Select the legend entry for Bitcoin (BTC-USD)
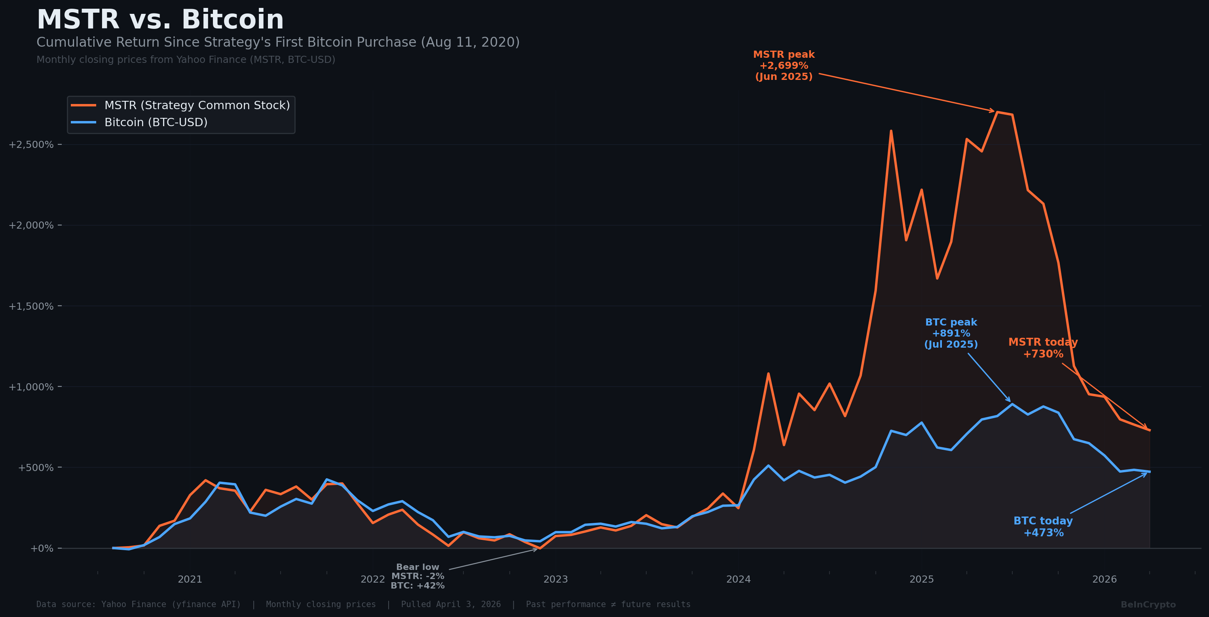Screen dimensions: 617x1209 [156, 123]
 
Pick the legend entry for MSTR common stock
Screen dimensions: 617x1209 [197, 106]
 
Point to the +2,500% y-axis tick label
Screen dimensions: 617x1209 [31, 144]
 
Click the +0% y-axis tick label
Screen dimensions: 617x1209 [42, 549]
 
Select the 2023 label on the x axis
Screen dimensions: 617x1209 [555, 579]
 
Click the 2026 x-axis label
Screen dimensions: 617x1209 [1105, 579]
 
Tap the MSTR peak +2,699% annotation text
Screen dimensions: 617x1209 [784, 66]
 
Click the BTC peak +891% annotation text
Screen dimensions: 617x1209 [951, 333]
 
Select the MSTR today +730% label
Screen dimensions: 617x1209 [1043, 348]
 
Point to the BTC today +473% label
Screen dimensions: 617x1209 [1043, 527]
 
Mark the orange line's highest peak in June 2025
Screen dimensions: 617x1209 [997, 112]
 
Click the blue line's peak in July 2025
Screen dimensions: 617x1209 [1012, 404]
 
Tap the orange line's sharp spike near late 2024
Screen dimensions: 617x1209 [891, 131]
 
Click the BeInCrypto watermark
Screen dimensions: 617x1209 [1148, 605]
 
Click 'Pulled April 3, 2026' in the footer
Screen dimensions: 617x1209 [451, 605]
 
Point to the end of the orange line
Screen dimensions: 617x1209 [1149, 430]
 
